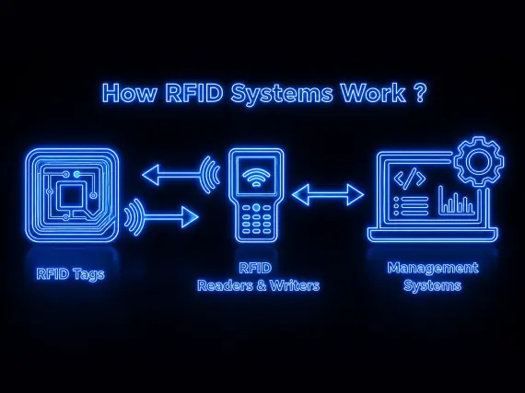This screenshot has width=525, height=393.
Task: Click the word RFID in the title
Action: pyautogui.click(x=194, y=92)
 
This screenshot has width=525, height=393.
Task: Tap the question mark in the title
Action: pyautogui.click(x=420, y=92)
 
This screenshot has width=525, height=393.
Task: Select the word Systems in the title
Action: pyautogui.click(x=282, y=94)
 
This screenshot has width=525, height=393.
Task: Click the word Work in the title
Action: pyautogui.click(x=373, y=92)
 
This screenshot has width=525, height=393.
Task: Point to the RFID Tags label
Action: pyautogui.click(x=70, y=274)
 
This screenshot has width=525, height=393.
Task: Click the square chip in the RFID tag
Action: pyautogui.click(x=71, y=194)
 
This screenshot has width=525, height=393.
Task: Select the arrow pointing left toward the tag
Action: pyautogui.click(x=181, y=174)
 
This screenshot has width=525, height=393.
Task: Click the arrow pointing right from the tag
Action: pyautogui.click(x=161, y=216)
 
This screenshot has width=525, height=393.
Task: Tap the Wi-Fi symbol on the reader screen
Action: pyautogui.click(x=256, y=178)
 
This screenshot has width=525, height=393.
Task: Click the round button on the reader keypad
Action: pyautogui.click(x=256, y=207)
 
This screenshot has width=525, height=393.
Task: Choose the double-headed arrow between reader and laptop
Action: pyautogui.click(x=328, y=195)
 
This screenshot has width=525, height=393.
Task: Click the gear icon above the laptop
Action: pyautogui.click(x=479, y=161)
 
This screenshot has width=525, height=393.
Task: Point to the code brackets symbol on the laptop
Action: pyautogui.click(x=410, y=178)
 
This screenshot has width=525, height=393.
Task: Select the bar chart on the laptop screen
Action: pyautogui.click(x=457, y=201)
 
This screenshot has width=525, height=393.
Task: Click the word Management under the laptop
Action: pyautogui.click(x=433, y=268)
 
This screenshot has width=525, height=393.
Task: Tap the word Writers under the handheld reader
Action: pyautogui.click(x=295, y=285)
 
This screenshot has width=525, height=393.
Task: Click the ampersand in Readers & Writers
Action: pyautogui.click(x=259, y=285)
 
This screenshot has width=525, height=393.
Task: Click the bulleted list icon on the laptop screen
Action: pyautogui.click(x=411, y=206)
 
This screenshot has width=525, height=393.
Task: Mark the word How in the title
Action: pyautogui.click(x=130, y=93)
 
